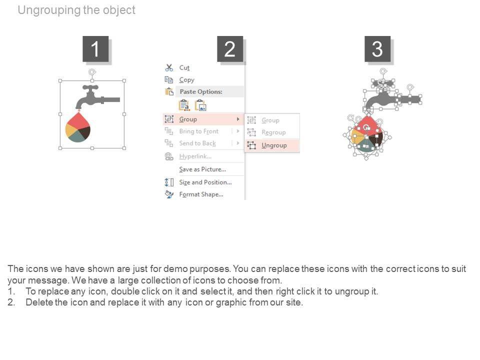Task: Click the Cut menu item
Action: point(184,67)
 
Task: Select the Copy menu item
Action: point(186,80)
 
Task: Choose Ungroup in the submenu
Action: point(274,145)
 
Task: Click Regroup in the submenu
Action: point(273,132)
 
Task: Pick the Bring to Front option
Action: point(198,131)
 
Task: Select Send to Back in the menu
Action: point(197,143)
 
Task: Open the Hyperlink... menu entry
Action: point(195,156)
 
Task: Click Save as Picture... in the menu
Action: point(202,169)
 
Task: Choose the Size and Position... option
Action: point(205,182)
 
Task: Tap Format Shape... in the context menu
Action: point(201,194)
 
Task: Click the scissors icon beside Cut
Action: point(169,67)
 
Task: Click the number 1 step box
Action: point(95,49)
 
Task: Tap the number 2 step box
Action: point(230,49)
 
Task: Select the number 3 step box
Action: point(377,49)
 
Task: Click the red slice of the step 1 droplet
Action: point(78,121)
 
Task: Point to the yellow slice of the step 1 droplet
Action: point(71,131)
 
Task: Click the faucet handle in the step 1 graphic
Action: point(90,87)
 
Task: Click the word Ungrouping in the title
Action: point(49,10)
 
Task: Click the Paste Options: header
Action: point(201,91)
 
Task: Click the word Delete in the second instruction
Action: point(39,302)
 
